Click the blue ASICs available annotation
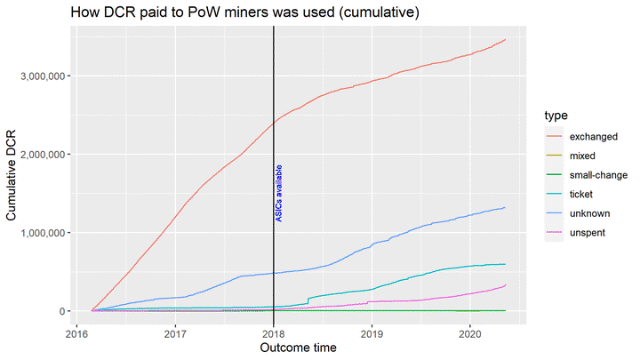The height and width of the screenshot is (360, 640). pyautogui.click(x=279, y=192)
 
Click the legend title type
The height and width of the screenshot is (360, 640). pyautogui.click(x=556, y=116)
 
